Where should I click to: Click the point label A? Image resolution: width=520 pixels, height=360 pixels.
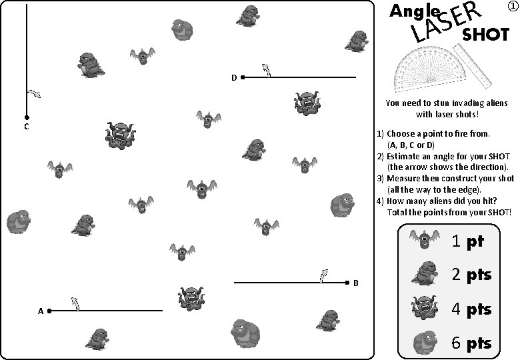tap(41, 311)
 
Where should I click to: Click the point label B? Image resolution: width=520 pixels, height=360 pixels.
tap(356, 283)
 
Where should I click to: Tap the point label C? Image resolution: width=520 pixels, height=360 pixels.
tap(25, 127)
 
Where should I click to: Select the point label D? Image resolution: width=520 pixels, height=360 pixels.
tap(234, 78)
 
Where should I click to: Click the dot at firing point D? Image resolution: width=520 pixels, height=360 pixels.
tap(243, 77)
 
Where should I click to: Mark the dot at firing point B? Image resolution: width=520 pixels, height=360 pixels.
tap(347, 283)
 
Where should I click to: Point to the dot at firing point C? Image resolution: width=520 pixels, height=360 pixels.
tap(26, 117)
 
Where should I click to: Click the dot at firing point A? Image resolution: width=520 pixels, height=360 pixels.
tap(50, 311)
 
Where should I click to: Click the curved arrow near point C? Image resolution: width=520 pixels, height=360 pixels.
tap(34, 93)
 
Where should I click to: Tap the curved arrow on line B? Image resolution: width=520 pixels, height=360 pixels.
tap(324, 275)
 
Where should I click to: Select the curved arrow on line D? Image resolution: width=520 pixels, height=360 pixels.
tap(266, 70)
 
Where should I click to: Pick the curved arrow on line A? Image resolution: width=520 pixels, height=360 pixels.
tap(76, 303)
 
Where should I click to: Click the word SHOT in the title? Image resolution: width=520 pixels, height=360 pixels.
tap(486, 35)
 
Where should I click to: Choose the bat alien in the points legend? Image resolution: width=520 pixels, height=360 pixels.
tap(423, 239)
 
